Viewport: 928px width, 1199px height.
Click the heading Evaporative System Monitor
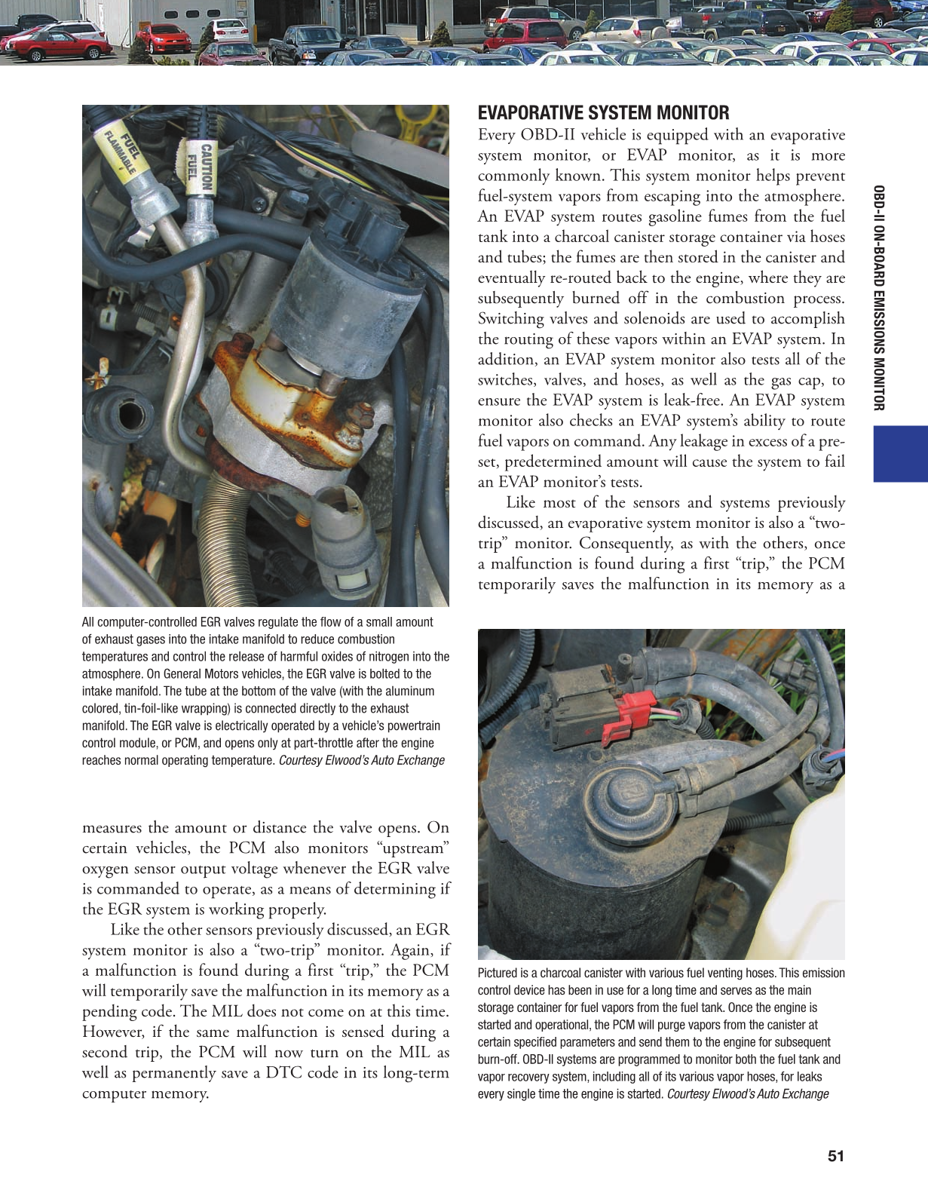coord(603,113)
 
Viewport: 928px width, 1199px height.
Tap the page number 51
coord(835,1156)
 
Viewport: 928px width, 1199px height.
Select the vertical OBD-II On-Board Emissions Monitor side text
coord(878,298)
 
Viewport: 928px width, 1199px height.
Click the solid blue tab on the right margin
coord(900,453)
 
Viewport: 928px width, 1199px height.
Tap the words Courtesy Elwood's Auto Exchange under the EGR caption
coord(361,760)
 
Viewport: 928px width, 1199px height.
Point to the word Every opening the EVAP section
coord(497,135)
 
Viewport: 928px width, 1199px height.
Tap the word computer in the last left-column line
coord(118,1093)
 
